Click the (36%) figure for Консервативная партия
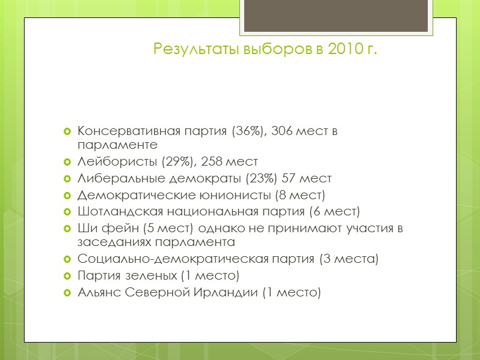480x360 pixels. click(x=243, y=131)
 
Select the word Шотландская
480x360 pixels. click(x=120, y=212)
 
